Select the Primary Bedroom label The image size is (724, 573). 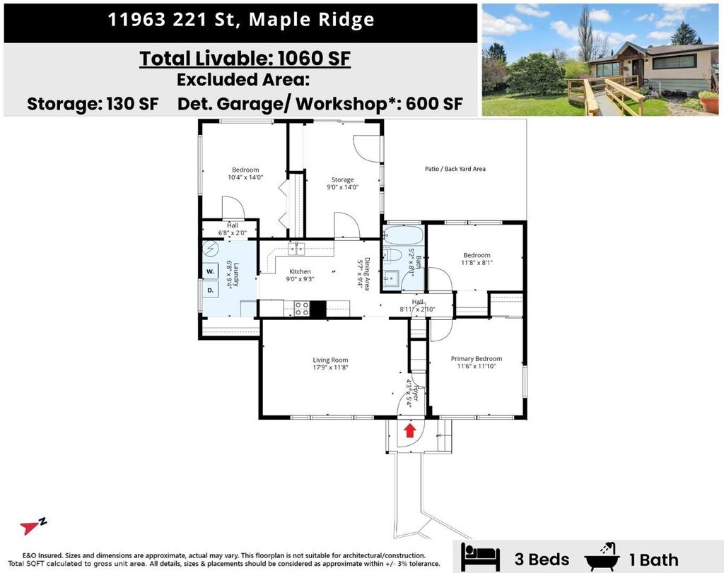pyautogui.click(x=477, y=359)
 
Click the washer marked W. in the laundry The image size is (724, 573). pyautogui.click(x=211, y=271)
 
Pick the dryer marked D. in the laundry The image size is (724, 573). pyautogui.click(x=211, y=290)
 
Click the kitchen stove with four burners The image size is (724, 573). pyautogui.click(x=300, y=308)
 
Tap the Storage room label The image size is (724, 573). pyautogui.click(x=343, y=180)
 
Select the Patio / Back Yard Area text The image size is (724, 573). pyautogui.click(x=455, y=169)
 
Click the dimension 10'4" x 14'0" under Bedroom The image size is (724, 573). pyautogui.click(x=245, y=177)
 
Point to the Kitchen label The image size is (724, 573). pyautogui.click(x=300, y=271)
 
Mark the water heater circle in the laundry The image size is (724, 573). pyautogui.click(x=211, y=249)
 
